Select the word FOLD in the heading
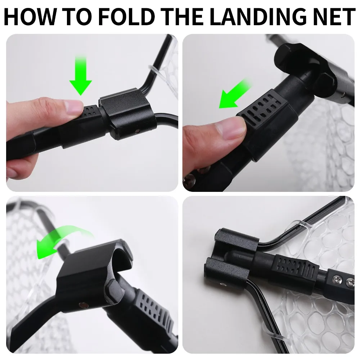127,16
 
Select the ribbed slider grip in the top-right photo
265,108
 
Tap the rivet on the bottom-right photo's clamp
222,285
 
